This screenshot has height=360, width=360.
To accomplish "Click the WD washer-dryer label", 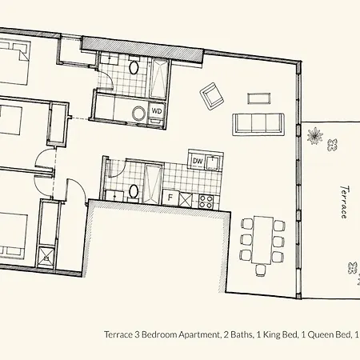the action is pyautogui.click(x=157, y=111).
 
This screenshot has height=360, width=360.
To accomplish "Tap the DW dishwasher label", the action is pyautogui.click(x=198, y=161).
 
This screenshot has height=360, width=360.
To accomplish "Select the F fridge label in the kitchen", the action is pyautogui.click(x=170, y=198).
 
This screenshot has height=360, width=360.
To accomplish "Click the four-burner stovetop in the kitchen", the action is pyautogui.click(x=206, y=202).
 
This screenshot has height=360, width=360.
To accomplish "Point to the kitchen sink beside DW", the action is pyautogui.click(x=213, y=162).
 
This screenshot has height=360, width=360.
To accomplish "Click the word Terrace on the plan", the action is pyautogui.click(x=345, y=202).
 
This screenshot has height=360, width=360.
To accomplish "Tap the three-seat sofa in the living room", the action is pyautogui.click(x=258, y=124).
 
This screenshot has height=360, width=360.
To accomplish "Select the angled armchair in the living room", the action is pyautogui.click(x=212, y=96).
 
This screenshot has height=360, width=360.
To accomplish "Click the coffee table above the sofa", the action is pyautogui.click(x=258, y=98).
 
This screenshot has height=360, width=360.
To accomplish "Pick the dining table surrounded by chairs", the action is pyautogui.click(x=263, y=240).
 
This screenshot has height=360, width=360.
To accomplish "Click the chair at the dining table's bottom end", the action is pyautogui.click(x=261, y=270).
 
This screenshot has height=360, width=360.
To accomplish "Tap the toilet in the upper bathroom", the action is pyautogui.click(x=134, y=67).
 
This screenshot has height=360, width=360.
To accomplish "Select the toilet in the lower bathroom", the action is pyautogui.click(x=134, y=192).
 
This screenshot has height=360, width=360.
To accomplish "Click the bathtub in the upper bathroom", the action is pyautogui.click(x=159, y=78).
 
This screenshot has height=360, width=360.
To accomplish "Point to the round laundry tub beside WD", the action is pyautogui.click(x=138, y=114).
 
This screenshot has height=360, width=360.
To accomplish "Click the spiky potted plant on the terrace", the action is pyautogui.click(x=314, y=135).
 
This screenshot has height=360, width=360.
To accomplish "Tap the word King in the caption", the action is pyautogui.click(x=271, y=334).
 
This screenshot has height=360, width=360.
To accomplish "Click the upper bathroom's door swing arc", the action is pyautogui.click(x=110, y=77).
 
